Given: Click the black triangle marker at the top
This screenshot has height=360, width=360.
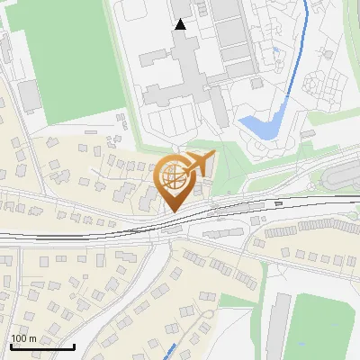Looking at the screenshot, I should [x=181, y=24].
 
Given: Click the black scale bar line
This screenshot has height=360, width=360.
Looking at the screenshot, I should [x=41, y=346].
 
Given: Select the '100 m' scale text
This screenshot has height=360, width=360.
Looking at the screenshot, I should [x=23, y=338].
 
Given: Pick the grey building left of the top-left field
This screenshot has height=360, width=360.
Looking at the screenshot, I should [x=31, y=95].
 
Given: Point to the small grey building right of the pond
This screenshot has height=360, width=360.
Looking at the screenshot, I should [x=308, y=133].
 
